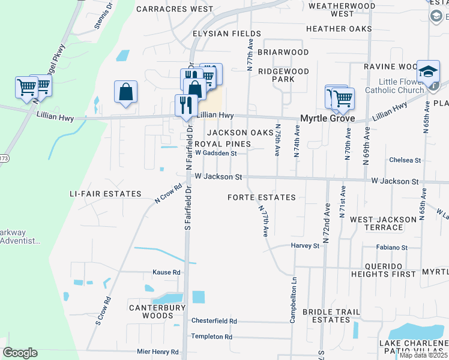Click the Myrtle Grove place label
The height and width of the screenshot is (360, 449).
[327, 119]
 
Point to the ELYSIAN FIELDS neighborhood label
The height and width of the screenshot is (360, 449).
[218, 34]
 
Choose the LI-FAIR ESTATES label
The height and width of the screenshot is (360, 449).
[105, 194]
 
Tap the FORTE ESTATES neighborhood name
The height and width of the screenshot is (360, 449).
[262, 197]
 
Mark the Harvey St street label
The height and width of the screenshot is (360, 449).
[305, 246]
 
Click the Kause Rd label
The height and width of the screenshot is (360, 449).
[166, 272]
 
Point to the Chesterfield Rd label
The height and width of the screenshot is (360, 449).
[214, 321]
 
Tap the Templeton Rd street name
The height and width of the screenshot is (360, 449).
[211, 337]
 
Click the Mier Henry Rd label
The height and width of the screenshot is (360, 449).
[158, 352]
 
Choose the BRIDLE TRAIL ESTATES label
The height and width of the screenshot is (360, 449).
[331, 316]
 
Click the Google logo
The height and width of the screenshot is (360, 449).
[20, 353]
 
